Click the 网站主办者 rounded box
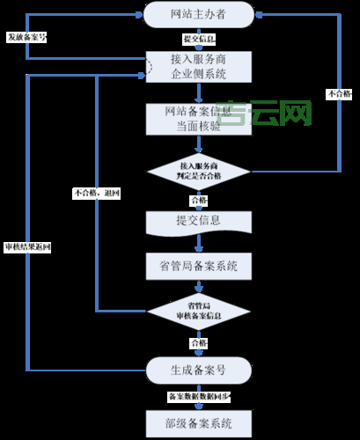click(x=198, y=13)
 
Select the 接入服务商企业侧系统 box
click(x=198, y=67)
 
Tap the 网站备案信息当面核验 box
click(x=198, y=119)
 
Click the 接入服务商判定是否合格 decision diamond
click(x=198, y=171)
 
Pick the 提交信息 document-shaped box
click(x=198, y=220)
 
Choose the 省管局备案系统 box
click(x=198, y=265)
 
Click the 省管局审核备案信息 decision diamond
click(x=198, y=311)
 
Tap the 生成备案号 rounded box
click(x=198, y=369)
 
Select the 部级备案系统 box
click(x=198, y=423)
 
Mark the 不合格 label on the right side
click(x=338, y=92)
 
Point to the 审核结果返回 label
click(x=27, y=247)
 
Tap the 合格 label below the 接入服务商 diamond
click(x=198, y=200)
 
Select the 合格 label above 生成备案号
click(x=198, y=342)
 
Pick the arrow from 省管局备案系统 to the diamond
click(x=198, y=286)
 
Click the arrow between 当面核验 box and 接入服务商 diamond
click(x=198, y=144)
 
